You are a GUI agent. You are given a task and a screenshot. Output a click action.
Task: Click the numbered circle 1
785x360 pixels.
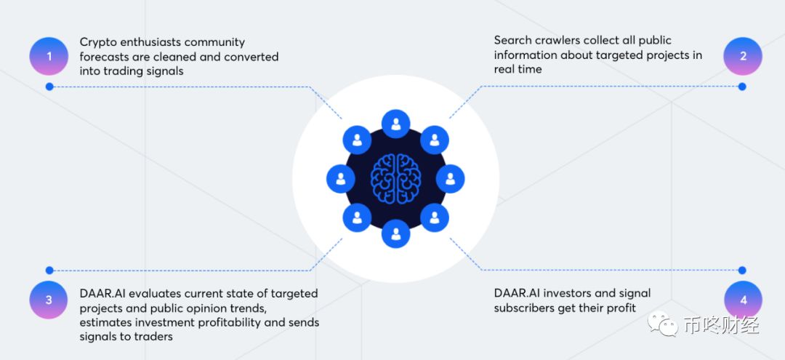point(49,56)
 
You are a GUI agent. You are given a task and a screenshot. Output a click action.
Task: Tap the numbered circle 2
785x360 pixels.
point(743,56)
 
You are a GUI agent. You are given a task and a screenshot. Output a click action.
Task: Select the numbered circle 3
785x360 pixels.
point(49,300)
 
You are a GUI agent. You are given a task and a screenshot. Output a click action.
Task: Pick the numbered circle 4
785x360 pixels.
point(743,300)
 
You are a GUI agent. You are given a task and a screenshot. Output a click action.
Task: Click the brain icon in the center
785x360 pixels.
point(395,178)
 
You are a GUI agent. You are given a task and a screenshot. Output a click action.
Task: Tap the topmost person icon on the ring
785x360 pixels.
point(395,124)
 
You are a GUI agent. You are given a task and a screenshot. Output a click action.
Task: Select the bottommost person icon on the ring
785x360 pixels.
point(395,233)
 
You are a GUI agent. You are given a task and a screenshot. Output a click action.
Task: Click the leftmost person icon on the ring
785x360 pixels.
point(340,179)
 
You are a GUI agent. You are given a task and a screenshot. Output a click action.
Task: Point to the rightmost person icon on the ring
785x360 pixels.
point(451,179)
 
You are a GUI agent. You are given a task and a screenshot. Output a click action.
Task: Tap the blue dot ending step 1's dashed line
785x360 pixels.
point(49,87)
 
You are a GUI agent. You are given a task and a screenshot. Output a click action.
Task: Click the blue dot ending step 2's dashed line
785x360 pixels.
point(742,87)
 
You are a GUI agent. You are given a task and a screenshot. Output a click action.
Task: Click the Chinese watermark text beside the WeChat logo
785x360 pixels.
point(721,325)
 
